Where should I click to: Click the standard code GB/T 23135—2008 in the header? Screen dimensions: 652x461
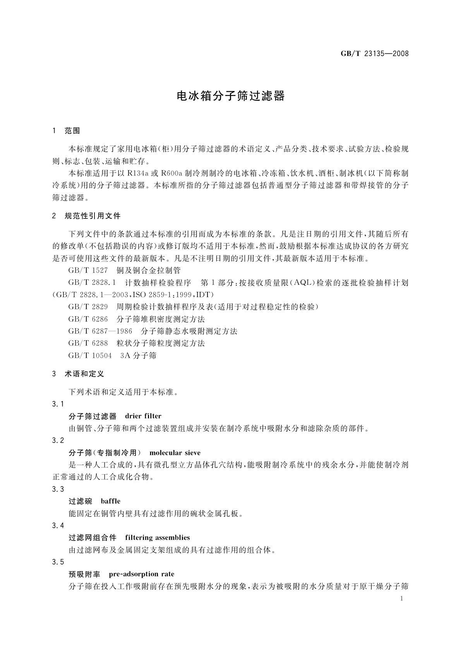coord(374,53)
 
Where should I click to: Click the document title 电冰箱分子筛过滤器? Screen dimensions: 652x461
coord(231,96)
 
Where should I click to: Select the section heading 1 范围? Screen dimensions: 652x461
coord(66,131)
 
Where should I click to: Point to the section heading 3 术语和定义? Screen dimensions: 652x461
coord(78,374)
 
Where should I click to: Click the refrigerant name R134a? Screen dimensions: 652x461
coord(138,173)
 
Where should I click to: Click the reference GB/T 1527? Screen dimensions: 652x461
coord(88,271)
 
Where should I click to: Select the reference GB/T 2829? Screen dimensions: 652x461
coord(88,307)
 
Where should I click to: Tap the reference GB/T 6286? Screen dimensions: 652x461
coord(88,319)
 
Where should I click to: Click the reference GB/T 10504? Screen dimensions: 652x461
coord(90,355)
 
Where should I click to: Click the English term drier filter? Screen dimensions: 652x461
coord(143,416)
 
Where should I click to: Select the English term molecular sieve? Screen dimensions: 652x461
coord(175,453)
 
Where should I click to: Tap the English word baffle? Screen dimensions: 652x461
coord(110,501)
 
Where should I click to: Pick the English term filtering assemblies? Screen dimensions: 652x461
coord(158,537)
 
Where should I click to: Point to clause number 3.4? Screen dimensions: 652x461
coord(58,525)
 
